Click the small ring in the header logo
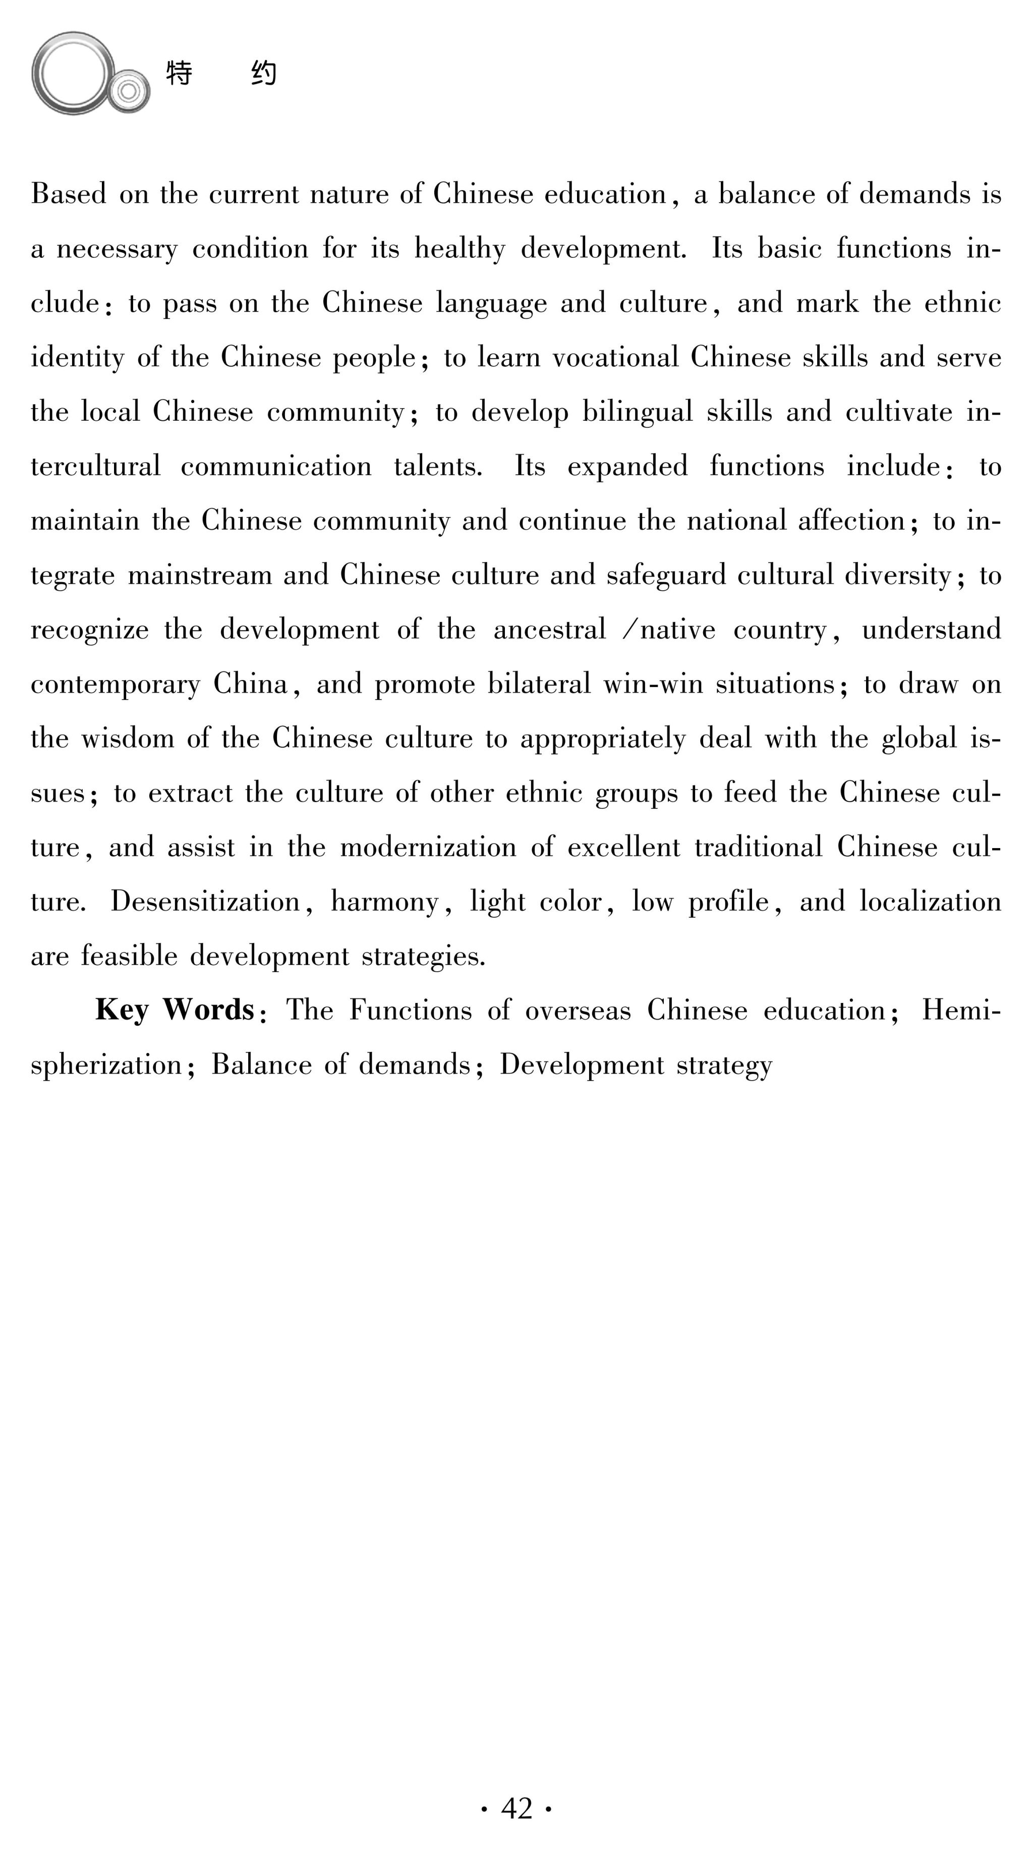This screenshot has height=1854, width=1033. pyautogui.click(x=129, y=91)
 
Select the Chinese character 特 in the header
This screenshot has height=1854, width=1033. pyautogui.click(x=179, y=73)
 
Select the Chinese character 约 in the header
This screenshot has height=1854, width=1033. pyautogui.click(x=264, y=73)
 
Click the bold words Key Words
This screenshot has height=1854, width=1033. pyautogui.click(x=175, y=1010)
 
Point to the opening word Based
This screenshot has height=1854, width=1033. pyautogui.click(x=68, y=194)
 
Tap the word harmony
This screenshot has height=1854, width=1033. pyautogui.click(x=384, y=903)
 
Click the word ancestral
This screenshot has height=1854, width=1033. pyautogui.click(x=550, y=630)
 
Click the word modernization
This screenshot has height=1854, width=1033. pyautogui.click(x=428, y=847)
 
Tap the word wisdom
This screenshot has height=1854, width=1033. pyautogui.click(x=127, y=739)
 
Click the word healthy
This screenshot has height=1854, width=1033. pyautogui.click(x=460, y=249)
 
